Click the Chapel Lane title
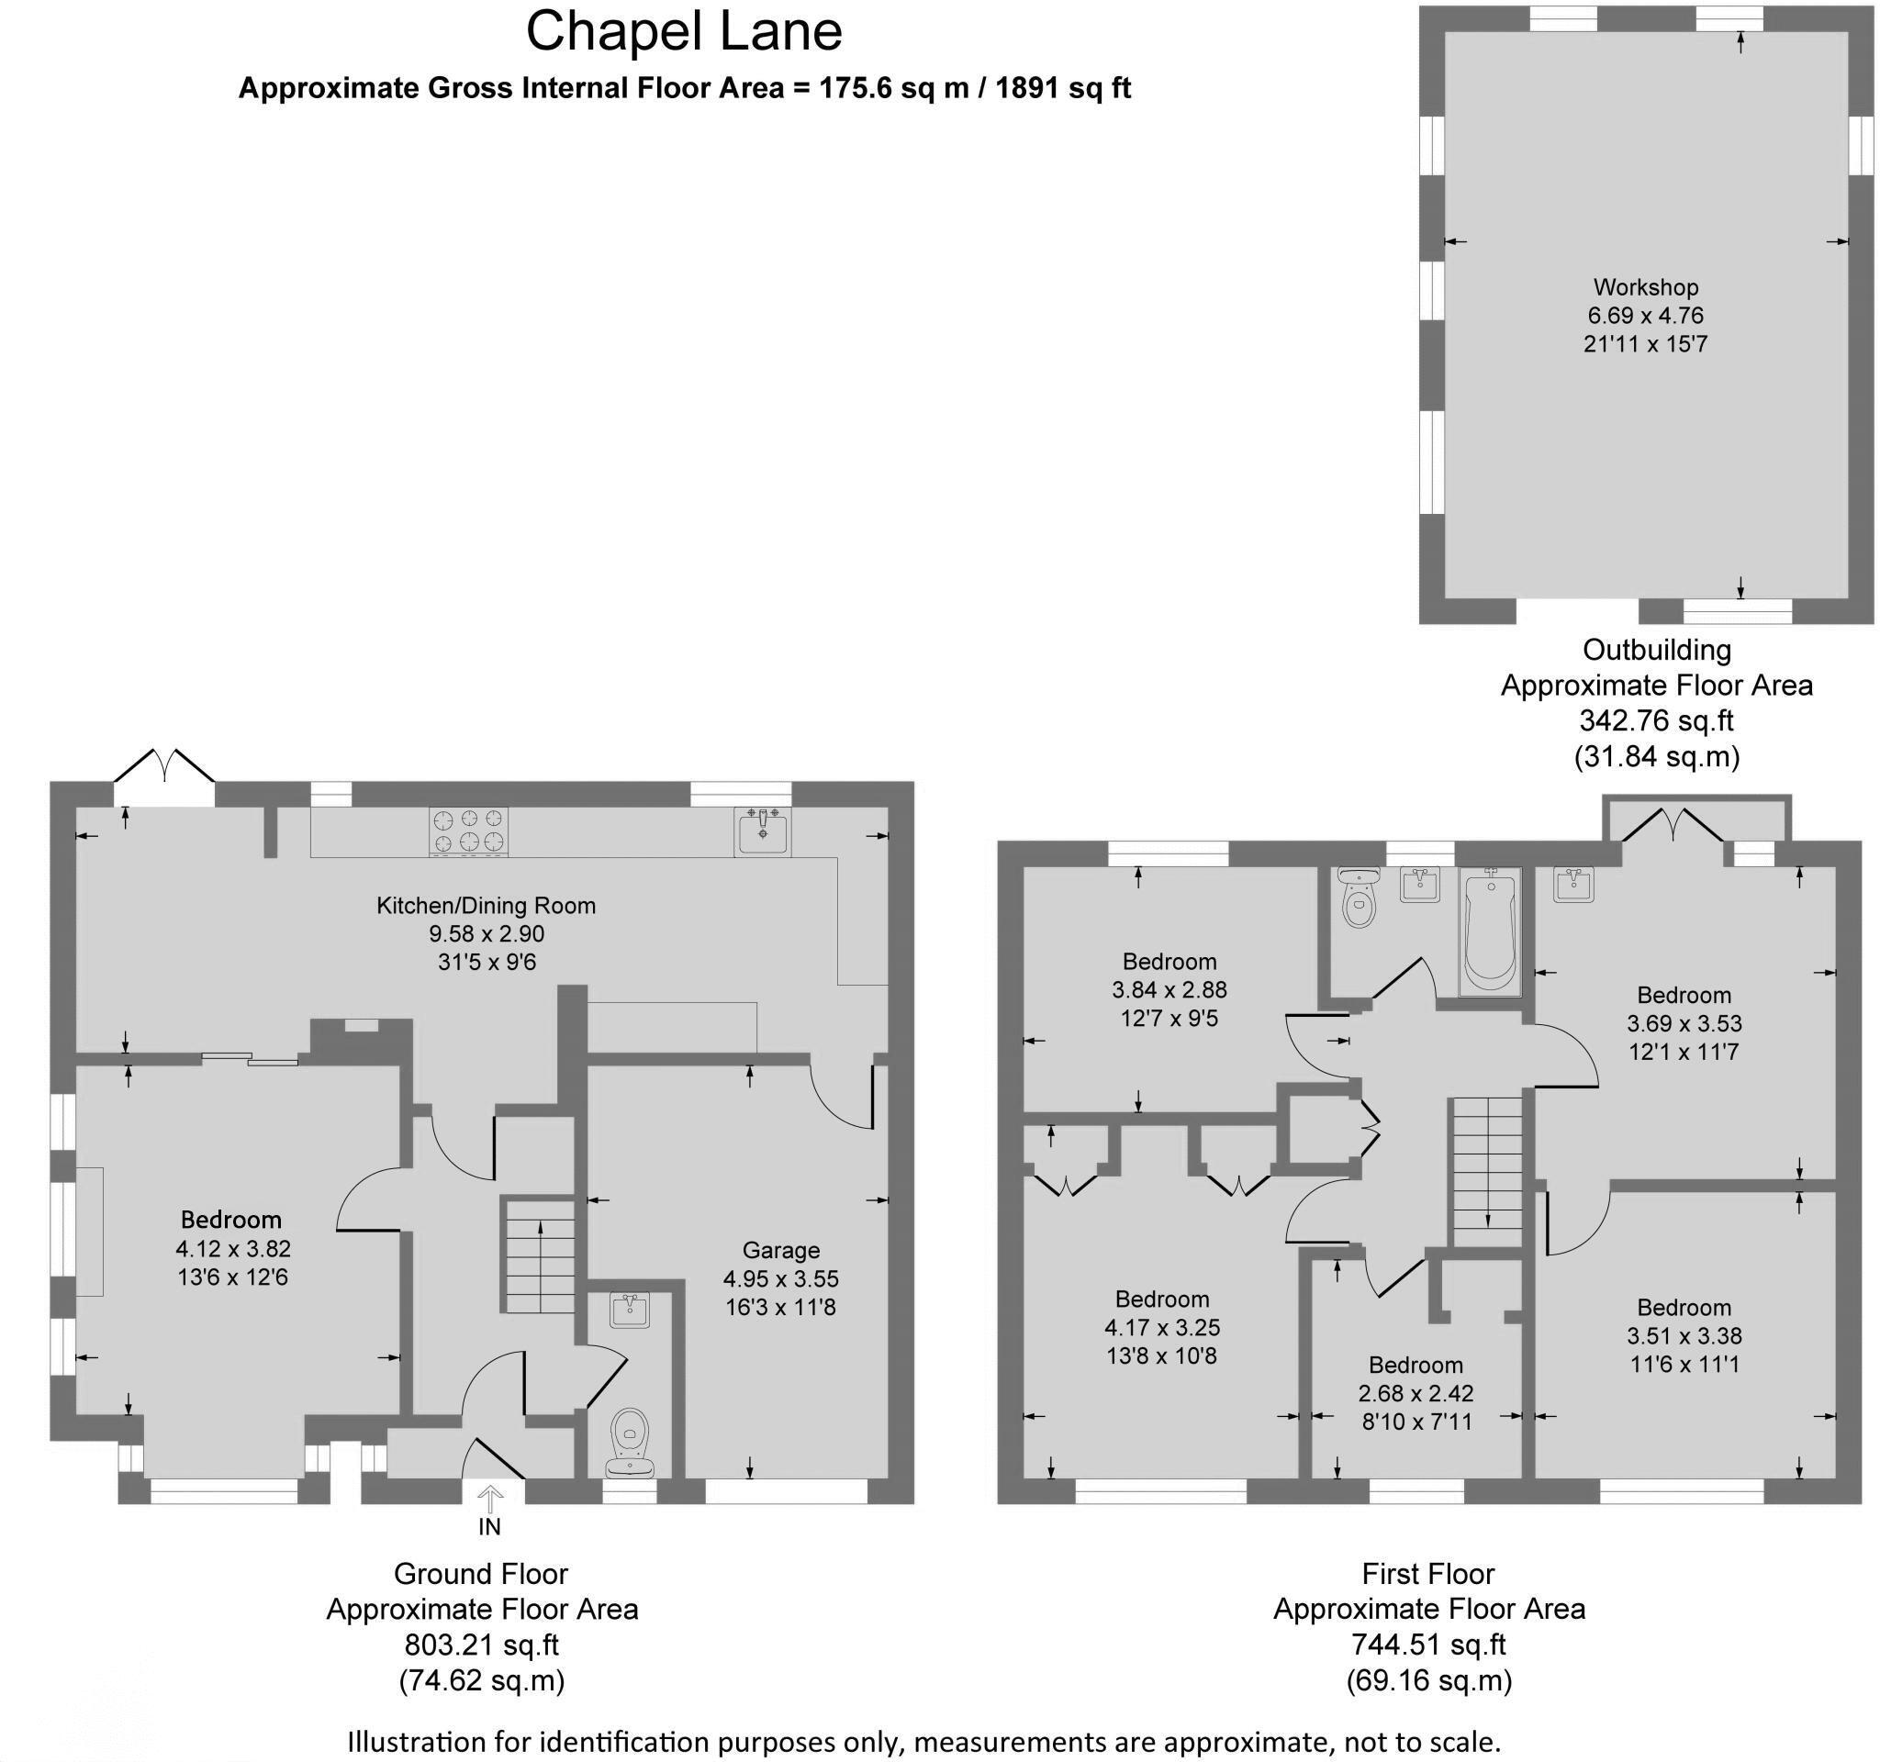pyautogui.click(x=683, y=31)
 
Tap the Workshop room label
pyautogui.click(x=1646, y=287)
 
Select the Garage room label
pyautogui.click(x=780, y=1251)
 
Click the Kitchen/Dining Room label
pyautogui.click(x=487, y=906)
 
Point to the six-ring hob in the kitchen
pyautogui.click(x=468, y=831)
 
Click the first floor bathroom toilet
pyautogui.click(x=1359, y=898)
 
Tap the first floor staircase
pyautogui.click(x=1487, y=1172)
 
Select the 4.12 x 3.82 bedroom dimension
pyautogui.click(x=232, y=1249)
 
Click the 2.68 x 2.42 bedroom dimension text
pyautogui.click(x=1416, y=1393)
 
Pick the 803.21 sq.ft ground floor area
pyautogui.click(x=481, y=1645)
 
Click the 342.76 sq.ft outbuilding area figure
pyautogui.click(x=1656, y=721)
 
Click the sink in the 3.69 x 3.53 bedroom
pyautogui.click(x=1573, y=884)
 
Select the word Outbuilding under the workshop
pyautogui.click(x=1657, y=651)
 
